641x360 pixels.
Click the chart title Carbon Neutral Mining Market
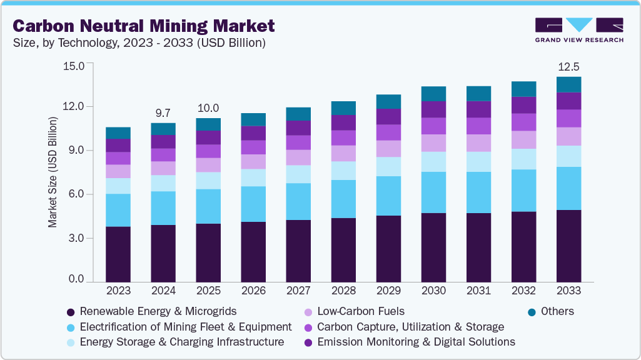tap(144, 26)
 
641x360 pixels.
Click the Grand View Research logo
tap(579, 29)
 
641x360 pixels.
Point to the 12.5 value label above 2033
tap(568, 66)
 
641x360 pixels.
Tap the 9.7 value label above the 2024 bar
tap(163, 113)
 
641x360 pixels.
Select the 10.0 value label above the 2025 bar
tap(208, 108)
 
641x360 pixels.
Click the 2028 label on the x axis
tap(343, 291)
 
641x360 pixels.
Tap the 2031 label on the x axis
tap(478, 291)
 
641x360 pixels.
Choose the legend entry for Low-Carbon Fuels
tap(354, 311)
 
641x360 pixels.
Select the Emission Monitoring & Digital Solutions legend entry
tap(409, 342)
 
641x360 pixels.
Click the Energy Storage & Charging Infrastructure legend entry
tap(175, 342)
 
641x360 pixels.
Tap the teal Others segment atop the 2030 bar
tap(433, 94)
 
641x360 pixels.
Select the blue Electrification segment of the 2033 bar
tap(568, 188)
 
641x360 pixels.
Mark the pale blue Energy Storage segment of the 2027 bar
tap(298, 174)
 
